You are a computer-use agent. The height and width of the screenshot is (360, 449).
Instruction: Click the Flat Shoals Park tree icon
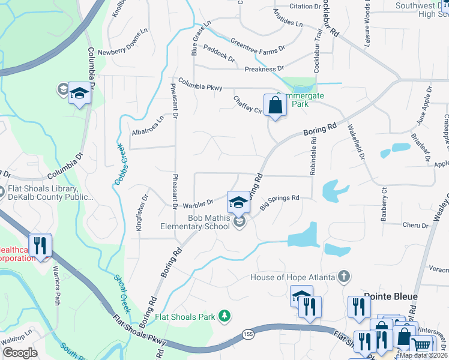(x=224, y=316)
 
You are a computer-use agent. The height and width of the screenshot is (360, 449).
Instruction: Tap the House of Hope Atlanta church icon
(x=343, y=277)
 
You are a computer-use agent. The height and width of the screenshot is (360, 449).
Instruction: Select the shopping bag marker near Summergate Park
(x=274, y=106)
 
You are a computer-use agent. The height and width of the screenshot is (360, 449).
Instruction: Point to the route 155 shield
(x=247, y=334)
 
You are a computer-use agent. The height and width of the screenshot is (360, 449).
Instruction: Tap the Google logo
(x=20, y=353)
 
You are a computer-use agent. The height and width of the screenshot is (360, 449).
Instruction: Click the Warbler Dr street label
(x=199, y=202)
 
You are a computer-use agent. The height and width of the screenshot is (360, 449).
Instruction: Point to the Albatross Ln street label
(x=147, y=126)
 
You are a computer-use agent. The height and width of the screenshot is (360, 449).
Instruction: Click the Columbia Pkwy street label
(x=199, y=84)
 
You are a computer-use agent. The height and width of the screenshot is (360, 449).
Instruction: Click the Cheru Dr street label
(x=415, y=226)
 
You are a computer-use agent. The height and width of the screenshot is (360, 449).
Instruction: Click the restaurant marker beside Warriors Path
(x=41, y=245)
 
